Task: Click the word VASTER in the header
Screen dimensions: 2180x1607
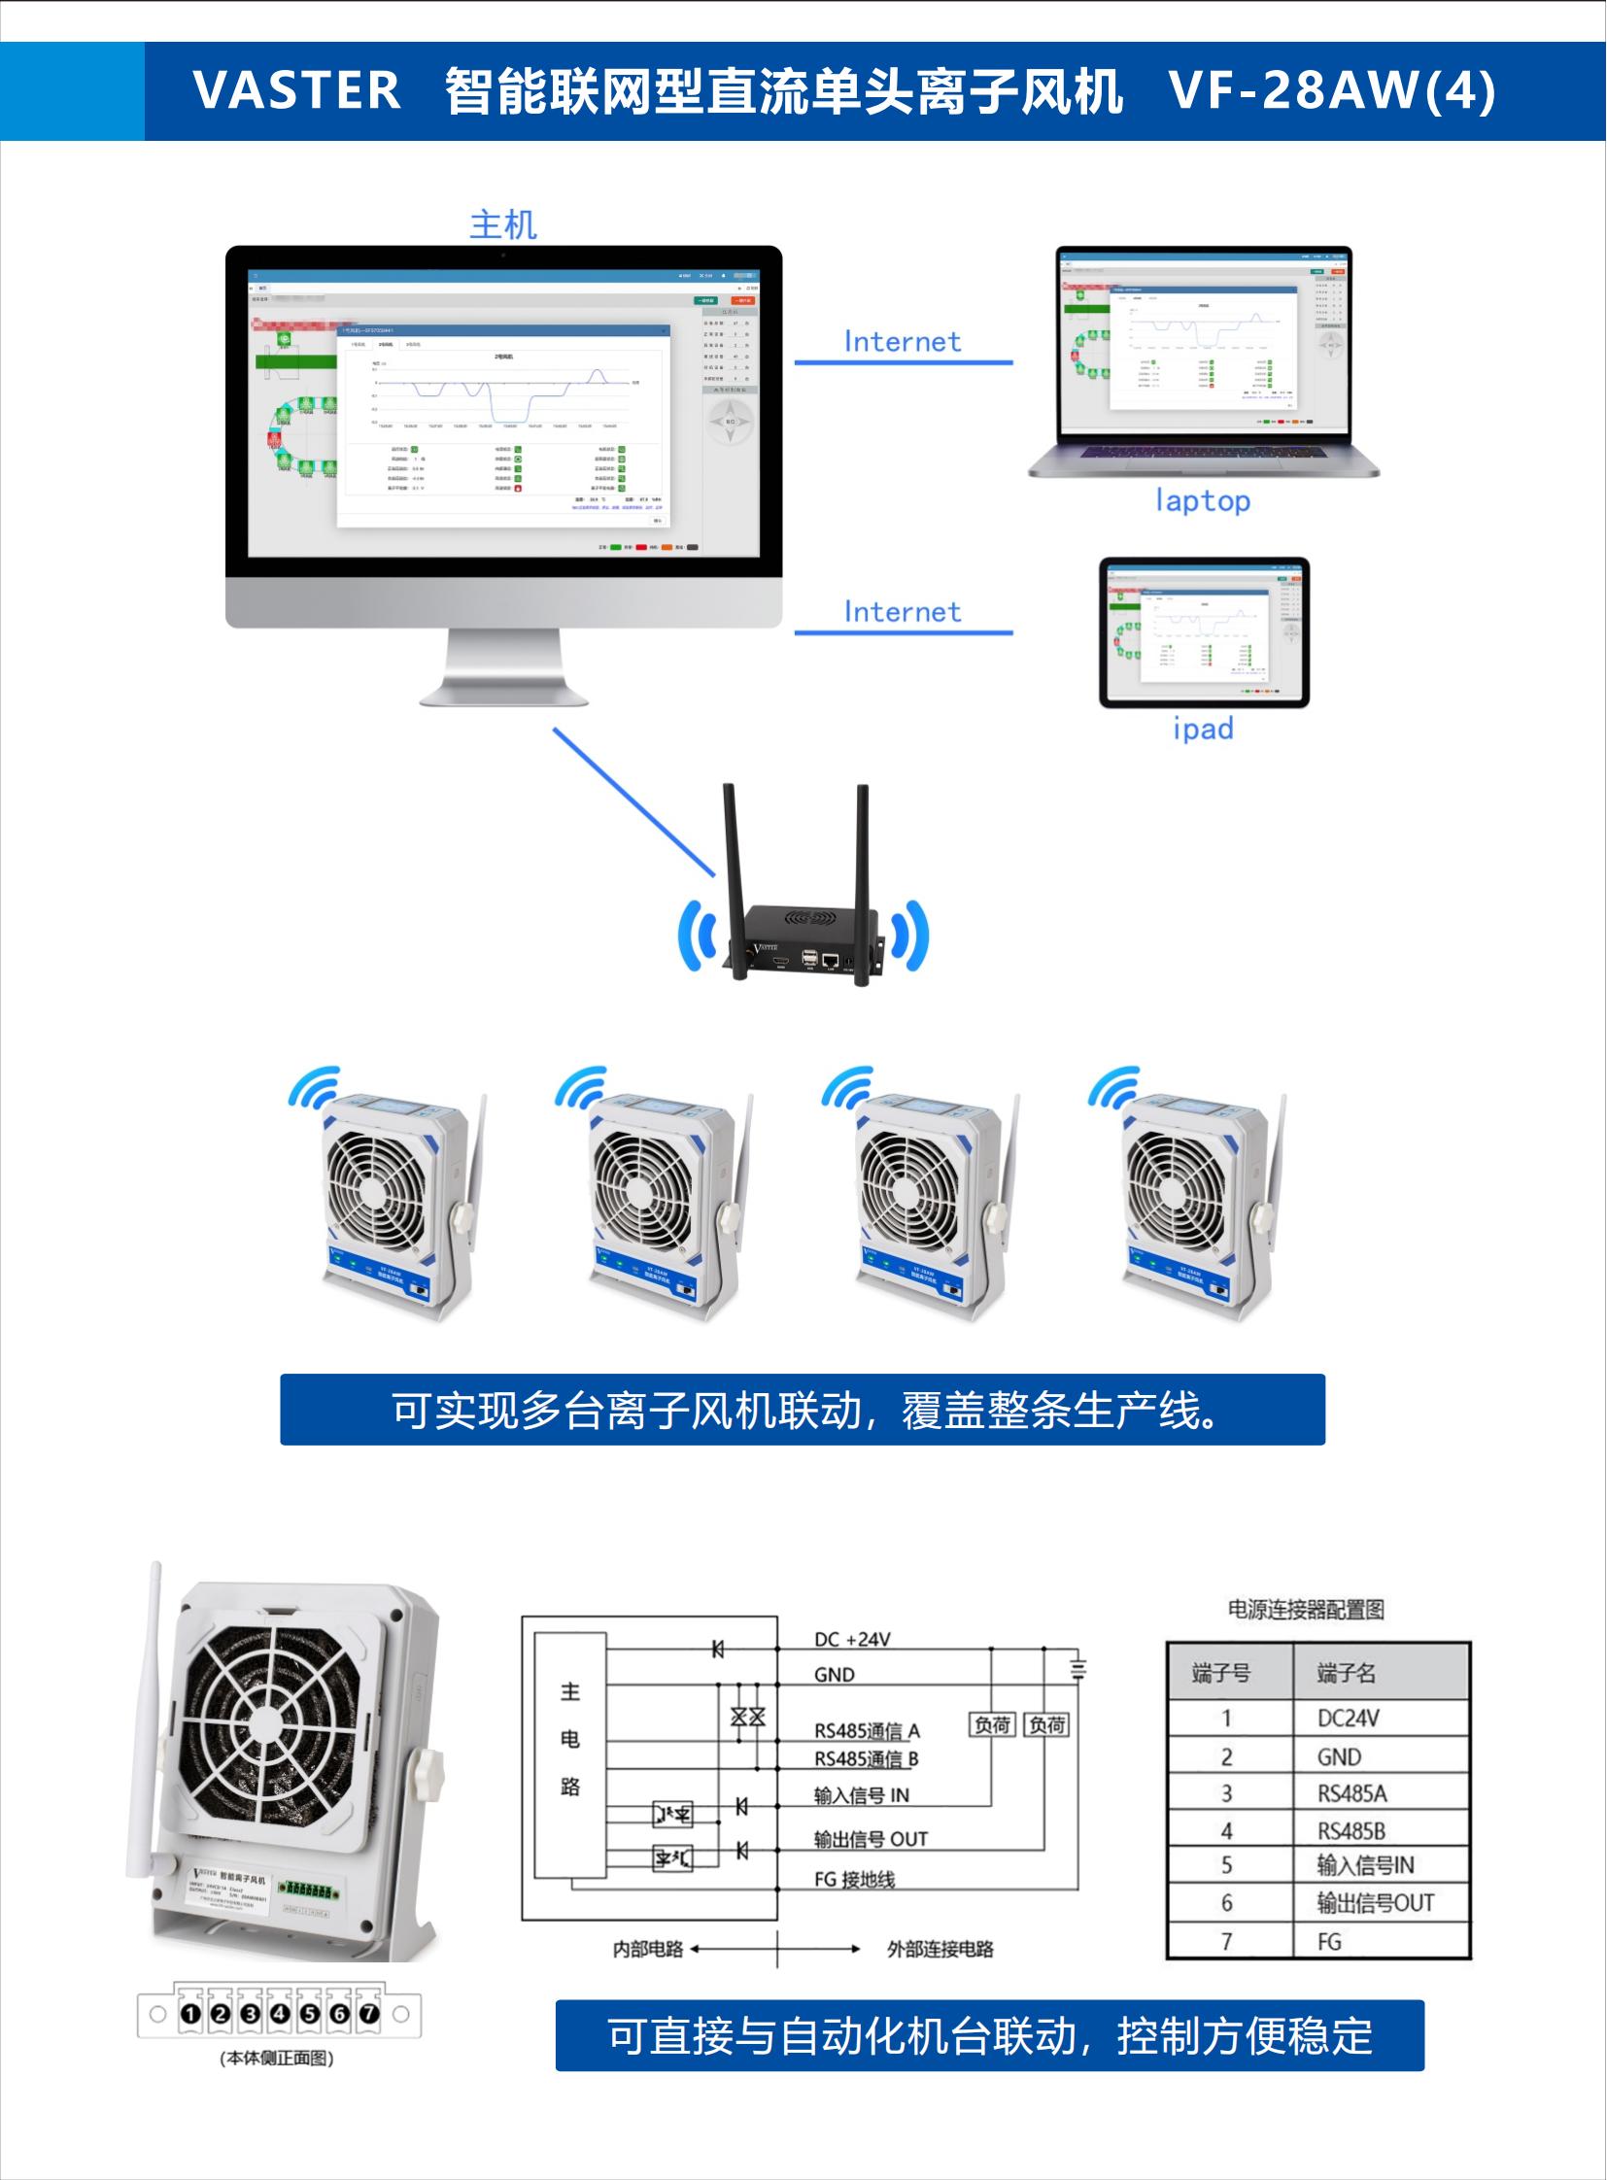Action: click(295, 90)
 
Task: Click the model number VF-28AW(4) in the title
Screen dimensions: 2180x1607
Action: click(1332, 90)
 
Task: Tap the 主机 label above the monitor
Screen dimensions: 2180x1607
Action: click(503, 224)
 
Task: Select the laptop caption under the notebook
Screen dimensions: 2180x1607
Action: click(1202, 500)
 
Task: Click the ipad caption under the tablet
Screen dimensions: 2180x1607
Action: click(1202, 728)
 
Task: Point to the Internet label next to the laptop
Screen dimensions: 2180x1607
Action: click(902, 341)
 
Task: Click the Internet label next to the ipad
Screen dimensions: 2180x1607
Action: click(902, 612)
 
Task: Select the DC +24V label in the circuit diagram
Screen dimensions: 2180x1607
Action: click(851, 1639)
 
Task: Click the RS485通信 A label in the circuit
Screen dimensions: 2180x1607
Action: click(866, 1730)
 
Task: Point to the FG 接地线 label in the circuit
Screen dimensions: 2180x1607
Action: click(854, 1880)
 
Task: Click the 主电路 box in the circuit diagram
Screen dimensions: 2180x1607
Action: click(570, 1738)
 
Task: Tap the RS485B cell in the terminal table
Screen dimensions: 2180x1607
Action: click(1351, 1831)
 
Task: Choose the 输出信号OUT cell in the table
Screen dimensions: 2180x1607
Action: click(1375, 1903)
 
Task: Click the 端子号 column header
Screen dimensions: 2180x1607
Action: click(1221, 1673)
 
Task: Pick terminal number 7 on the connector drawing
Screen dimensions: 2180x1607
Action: click(368, 2014)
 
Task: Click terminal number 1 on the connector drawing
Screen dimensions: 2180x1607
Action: click(190, 2014)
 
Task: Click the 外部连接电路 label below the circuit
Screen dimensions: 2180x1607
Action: click(940, 1949)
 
